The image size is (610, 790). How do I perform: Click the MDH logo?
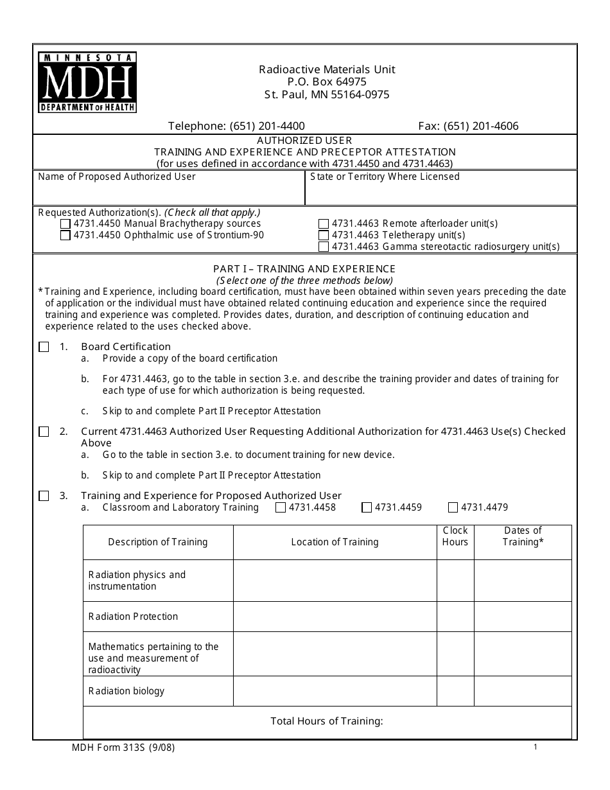tap(87, 83)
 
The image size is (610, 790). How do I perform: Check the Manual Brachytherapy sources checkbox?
tap(65, 224)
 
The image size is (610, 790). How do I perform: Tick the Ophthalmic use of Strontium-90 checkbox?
tap(65, 236)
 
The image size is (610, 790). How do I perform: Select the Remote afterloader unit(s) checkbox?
tap(324, 224)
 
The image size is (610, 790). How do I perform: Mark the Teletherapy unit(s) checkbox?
tap(324, 236)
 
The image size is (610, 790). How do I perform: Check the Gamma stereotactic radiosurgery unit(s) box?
tap(324, 247)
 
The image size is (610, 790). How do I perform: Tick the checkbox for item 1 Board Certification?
tap(44, 347)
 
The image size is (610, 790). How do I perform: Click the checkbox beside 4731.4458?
tap(281, 507)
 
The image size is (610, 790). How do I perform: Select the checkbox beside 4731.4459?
tap(367, 507)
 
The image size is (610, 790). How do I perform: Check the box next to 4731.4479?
tap(453, 507)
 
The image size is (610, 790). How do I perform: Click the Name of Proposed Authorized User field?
tap(169, 193)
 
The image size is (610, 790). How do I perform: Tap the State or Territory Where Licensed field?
tap(441, 193)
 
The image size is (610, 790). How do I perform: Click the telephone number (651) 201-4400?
tap(267, 127)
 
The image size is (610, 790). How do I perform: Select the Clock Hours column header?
tap(455, 536)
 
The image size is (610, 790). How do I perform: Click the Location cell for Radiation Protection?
tap(335, 617)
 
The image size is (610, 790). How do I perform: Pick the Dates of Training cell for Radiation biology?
tap(522, 691)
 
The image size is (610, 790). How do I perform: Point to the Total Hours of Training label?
tap(326, 721)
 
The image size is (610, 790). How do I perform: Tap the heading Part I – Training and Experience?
tap(304, 269)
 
